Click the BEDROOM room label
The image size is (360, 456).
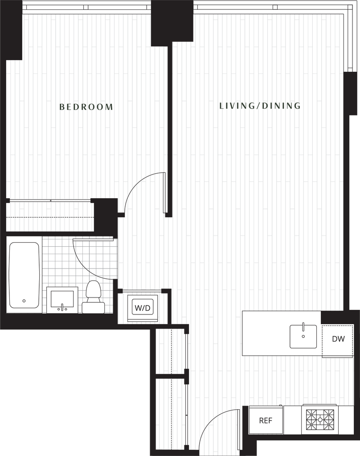point(86,107)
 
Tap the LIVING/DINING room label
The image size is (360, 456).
point(261,106)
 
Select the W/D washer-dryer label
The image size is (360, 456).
point(143,307)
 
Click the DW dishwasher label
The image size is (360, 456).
point(338,339)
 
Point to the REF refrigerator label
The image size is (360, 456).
point(266,421)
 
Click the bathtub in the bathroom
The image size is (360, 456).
point(24,274)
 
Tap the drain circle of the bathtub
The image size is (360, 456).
point(24,301)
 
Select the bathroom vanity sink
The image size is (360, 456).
point(62,300)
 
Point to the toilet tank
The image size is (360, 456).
point(93,307)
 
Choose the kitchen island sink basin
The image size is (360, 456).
point(303,336)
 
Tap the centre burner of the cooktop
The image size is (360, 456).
point(320,419)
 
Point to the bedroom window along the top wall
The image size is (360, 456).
point(86,7)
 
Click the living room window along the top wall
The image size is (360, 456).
point(270,7)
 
